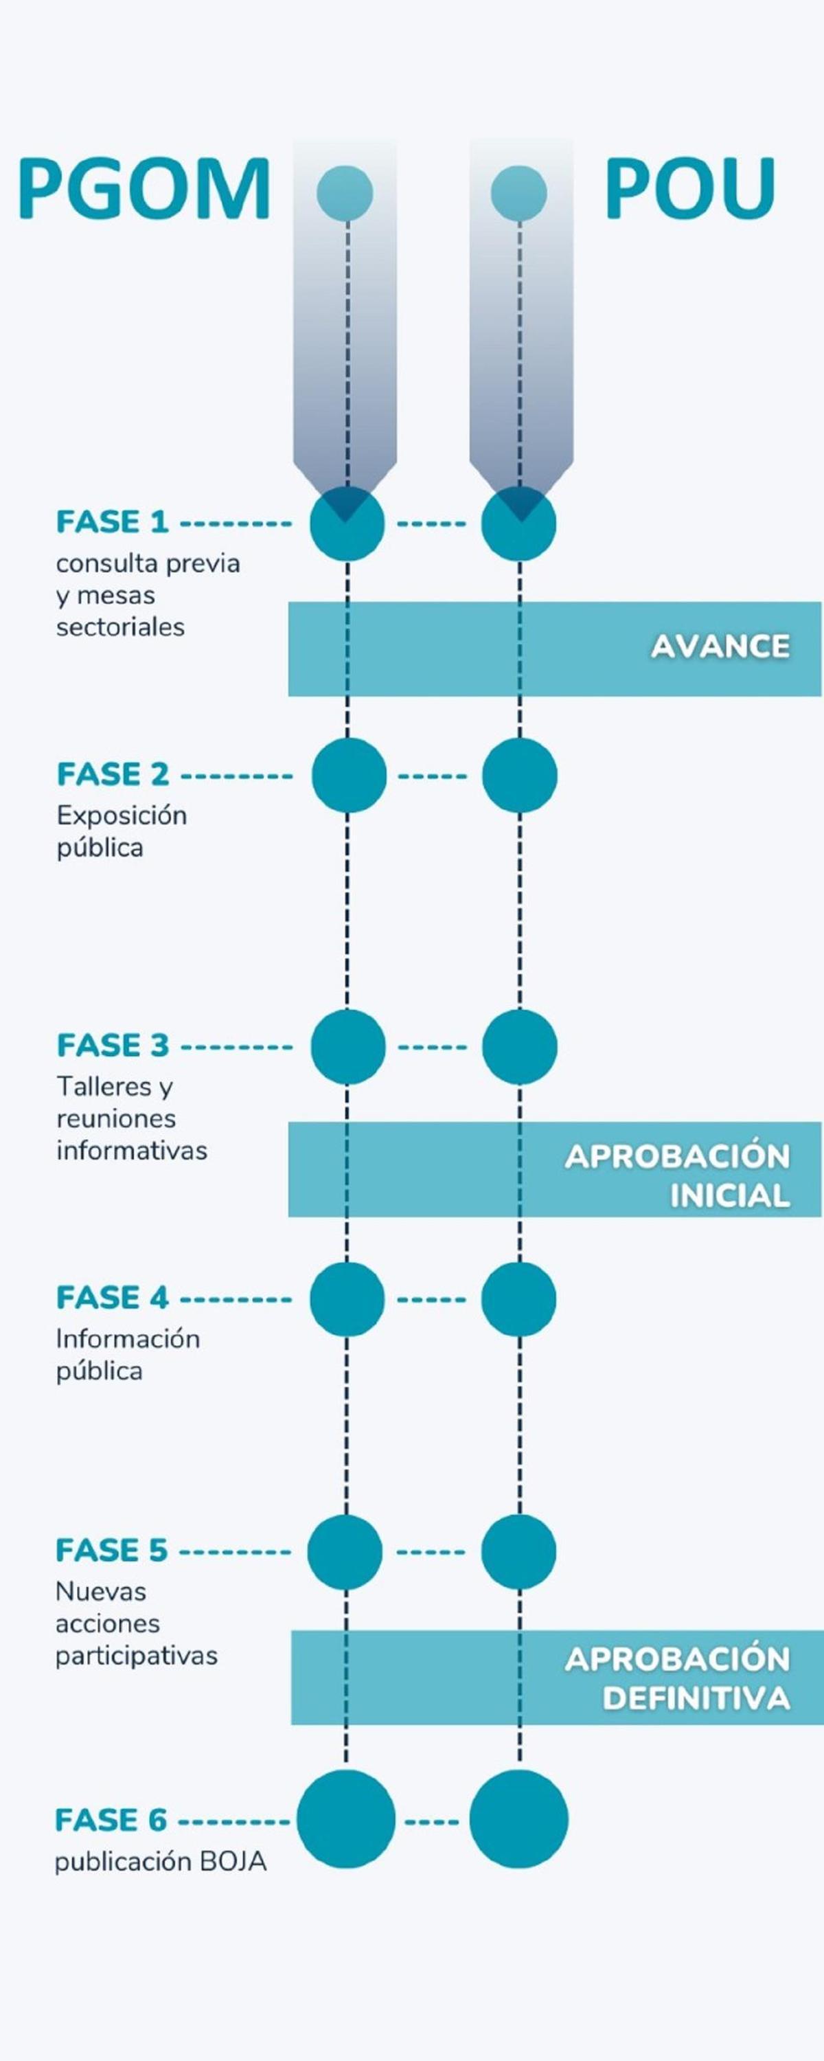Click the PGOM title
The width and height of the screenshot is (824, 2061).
point(144,190)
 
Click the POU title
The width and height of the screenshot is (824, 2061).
point(689,190)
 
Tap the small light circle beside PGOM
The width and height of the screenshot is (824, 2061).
point(345,193)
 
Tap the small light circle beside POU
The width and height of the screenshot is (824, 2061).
point(518,193)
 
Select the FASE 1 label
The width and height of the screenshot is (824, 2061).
point(112,522)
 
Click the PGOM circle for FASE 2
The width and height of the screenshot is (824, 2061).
point(349,775)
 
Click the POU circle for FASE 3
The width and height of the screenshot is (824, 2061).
point(519,1046)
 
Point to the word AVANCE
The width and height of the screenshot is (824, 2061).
point(720,646)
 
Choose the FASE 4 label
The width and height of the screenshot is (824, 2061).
point(112,1298)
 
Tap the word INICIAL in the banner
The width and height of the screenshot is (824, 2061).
point(730,1196)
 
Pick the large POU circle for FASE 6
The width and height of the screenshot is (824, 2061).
point(518,1819)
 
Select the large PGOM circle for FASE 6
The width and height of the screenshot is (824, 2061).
point(345,1819)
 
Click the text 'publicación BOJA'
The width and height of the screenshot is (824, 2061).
point(160,1862)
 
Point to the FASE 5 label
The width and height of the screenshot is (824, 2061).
point(111,1551)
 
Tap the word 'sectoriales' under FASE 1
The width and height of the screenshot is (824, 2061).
point(120,627)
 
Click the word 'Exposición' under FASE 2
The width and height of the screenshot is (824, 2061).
point(122,815)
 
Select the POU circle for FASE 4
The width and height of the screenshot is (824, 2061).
point(518,1299)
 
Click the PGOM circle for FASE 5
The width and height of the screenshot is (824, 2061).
point(345,1551)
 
